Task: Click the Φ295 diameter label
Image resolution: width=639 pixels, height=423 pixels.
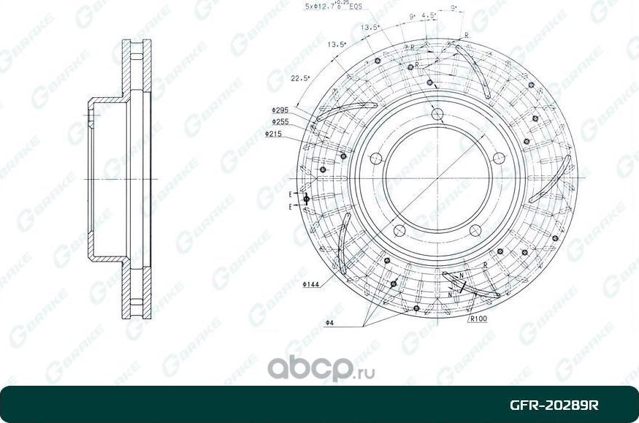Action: click(x=280, y=110)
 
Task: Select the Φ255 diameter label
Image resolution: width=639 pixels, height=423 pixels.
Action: click(x=280, y=122)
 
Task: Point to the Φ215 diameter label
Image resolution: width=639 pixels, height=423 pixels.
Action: click(x=274, y=134)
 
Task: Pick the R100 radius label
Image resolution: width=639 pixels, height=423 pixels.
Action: click(x=479, y=319)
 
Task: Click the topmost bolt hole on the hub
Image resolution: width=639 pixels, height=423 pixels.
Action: click(x=437, y=114)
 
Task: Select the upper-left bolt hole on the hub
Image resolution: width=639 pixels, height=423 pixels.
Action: click(x=376, y=159)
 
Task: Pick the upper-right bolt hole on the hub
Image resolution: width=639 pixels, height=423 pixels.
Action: click(x=499, y=159)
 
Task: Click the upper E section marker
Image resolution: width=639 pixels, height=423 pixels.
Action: click(x=290, y=194)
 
